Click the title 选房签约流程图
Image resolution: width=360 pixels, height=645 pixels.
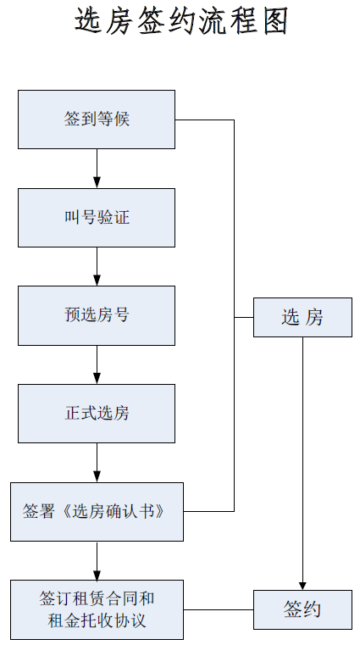tap(180, 21)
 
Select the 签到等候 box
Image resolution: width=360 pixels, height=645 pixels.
tap(97, 120)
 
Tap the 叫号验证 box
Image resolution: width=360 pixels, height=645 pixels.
tap(97, 218)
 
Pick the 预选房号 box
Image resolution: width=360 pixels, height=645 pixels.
tap(97, 315)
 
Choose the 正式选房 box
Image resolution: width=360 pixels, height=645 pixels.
tap(97, 414)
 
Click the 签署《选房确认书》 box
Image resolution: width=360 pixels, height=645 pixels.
tap(97, 512)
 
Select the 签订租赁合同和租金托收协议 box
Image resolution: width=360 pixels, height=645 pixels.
tap(97, 609)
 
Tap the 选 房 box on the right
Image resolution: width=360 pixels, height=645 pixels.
tap(303, 318)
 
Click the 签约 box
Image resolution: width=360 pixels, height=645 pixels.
tap(303, 609)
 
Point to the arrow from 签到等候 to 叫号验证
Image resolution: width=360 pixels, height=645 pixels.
tap(97, 169)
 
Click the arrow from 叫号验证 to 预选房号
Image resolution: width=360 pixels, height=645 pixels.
tap(97, 266)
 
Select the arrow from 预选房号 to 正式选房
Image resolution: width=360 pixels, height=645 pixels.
tap(97, 364)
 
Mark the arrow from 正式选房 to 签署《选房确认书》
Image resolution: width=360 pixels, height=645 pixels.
tap(97, 463)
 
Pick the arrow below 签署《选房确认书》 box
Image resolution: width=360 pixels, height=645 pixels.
tap(97, 561)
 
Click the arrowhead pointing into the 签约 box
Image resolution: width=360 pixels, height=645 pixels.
tap(303, 586)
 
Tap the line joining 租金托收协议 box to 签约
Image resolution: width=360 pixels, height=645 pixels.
tap(219, 609)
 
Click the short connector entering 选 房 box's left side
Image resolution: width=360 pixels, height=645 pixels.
tap(244, 318)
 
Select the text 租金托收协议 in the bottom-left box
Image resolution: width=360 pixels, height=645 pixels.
tap(97, 620)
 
